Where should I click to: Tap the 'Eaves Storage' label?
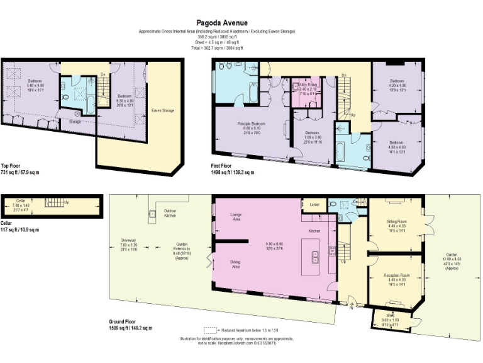[x=163, y=110]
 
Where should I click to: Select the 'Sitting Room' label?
[x=397, y=224]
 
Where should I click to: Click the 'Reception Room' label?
[x=397, y=277]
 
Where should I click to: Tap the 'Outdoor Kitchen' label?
[x=170, y=213]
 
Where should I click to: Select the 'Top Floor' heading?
[x=12, y=165]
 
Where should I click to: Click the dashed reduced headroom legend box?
[x=209, y=330]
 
